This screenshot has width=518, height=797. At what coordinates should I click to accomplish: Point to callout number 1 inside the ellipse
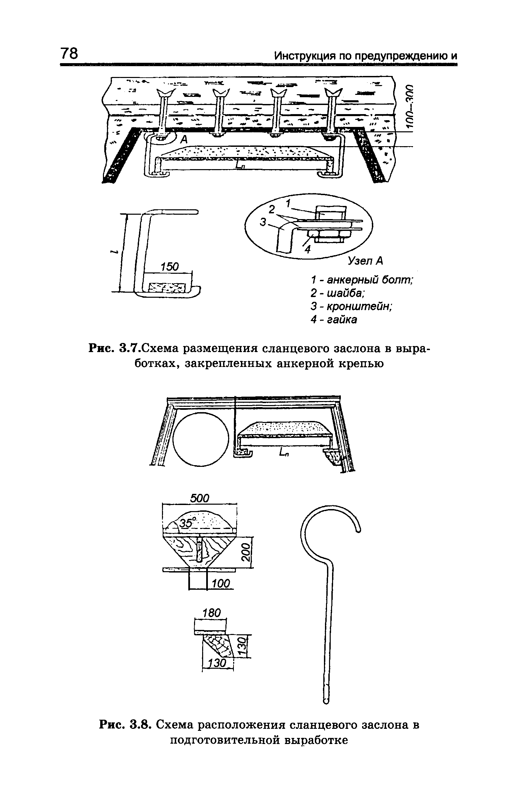click(x=289, y=204)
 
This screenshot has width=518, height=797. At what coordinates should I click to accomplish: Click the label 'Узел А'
click(x=366, y=260)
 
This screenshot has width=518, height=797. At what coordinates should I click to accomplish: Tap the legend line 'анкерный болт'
click(x=362, y=280)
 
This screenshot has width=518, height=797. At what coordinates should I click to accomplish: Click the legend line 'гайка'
click(x=334, y=320)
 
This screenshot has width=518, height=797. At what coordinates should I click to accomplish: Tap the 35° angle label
click(x=186, y=523)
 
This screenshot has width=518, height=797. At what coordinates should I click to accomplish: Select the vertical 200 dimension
click(x=247, y=552)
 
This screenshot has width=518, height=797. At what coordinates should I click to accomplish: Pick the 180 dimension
click(x=211, y=613)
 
